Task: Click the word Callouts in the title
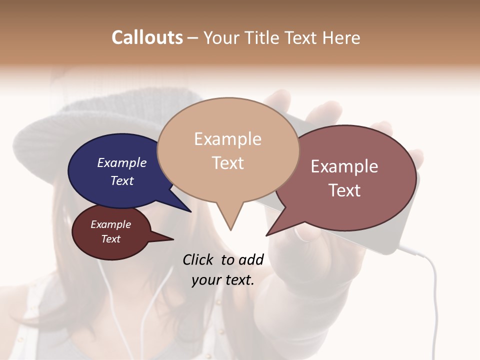[x=147, y=37]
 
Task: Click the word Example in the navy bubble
[x=121, y=162]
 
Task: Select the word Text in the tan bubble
[x=228, y=162]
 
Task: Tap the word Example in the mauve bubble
[x=344, y=166]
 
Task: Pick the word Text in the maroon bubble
[x=110, y=239]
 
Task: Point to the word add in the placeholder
[x=250, y=259]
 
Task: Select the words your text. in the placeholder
[x=223, y=280]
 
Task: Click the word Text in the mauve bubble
[x=344, y=190]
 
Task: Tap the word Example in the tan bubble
[x=228, y=139]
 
